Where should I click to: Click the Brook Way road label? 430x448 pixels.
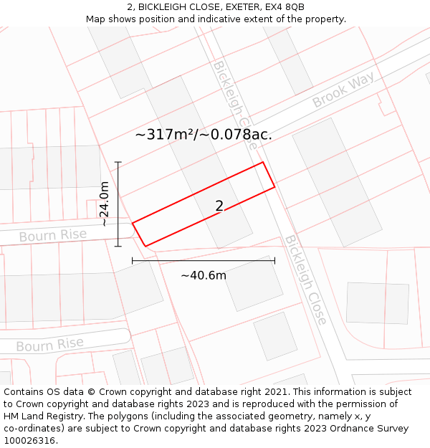pyautogui.click(x=343, y=92)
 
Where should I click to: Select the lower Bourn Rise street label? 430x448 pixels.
pyautogui.click(x=49, y=345)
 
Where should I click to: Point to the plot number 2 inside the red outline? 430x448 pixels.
pyautogui.click(x=219, y=206)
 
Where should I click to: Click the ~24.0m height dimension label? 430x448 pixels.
pyautogui.click(x=105, y=204)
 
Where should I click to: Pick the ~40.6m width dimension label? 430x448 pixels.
pyautogui.click(x=204, y=275)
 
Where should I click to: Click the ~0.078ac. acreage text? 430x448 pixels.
pyautogui.click(x=238, y=134)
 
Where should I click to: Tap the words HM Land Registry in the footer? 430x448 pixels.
pyautogui.click(x=44, y=416)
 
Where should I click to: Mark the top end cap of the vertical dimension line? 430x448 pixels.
pyautogui.click(x=118, y=162)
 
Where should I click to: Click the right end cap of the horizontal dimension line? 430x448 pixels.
pyautogui.click(x=274, y=261)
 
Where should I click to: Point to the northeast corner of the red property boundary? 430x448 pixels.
pyautogui.click(x=263, y=162)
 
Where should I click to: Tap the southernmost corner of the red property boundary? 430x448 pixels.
pyautogui.click(x=145, y=247)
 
